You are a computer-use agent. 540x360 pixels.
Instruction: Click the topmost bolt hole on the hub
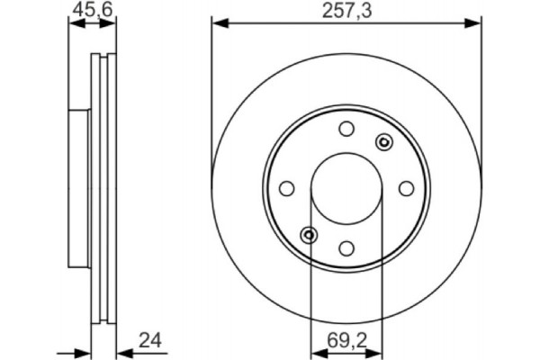tap(346, 129)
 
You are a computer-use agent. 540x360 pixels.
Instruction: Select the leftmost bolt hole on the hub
tap(287, 188)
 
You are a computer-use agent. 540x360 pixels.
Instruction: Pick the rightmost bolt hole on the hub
tap(406, 188)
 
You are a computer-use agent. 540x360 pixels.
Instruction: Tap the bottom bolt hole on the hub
tap(346, 247)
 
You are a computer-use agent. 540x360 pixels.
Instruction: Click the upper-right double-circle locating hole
tap(384, 141)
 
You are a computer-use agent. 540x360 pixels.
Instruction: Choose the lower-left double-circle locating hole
tap(309, 235)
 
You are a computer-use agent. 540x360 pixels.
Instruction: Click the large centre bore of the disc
tap(346, 188)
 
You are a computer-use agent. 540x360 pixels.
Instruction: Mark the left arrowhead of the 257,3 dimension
tap(217, 24)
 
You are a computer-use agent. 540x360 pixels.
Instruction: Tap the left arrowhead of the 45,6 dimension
tap(74, 24)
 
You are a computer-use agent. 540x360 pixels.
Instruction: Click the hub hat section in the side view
tap(79, 188)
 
